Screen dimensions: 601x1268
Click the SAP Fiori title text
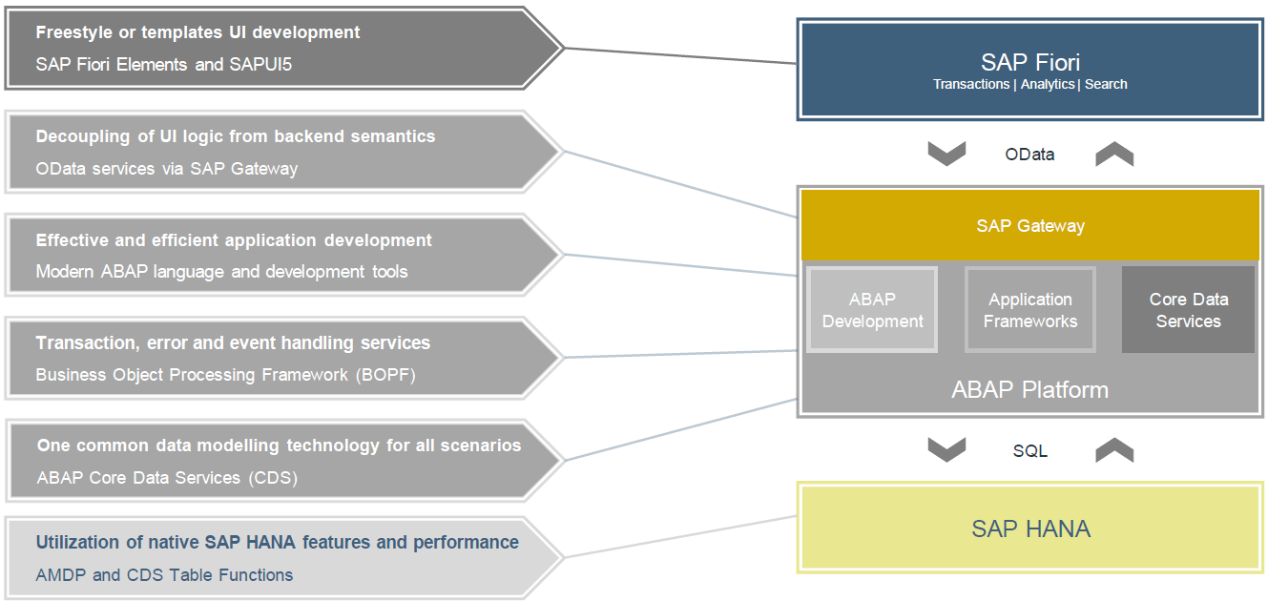[1030, 63]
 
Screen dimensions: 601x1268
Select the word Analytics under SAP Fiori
[1048, 85]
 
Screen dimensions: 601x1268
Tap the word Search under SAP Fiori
[1106, 85]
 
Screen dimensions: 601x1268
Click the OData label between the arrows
[1030, 155]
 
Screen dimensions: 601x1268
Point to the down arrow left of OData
[946, 154]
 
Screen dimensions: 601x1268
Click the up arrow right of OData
[1113, 154]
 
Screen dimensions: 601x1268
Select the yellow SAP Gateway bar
[1030, 226]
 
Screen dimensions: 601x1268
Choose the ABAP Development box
[872, 310]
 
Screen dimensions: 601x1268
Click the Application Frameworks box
[1030, 310]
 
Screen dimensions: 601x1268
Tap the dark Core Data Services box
[1188, 310]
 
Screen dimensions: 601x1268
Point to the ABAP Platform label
[1030, 390]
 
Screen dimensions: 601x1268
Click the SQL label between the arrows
[1030, 451]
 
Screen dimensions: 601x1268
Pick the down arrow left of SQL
[946, 450]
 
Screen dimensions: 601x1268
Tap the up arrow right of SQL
[1113, 450]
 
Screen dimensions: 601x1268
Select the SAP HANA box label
[1030, 528]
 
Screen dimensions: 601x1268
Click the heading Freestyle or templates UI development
[197, 32]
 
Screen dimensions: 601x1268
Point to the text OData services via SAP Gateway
[167, 169]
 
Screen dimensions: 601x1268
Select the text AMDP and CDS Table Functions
[164, 575]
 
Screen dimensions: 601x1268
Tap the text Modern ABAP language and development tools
[221, 272]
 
